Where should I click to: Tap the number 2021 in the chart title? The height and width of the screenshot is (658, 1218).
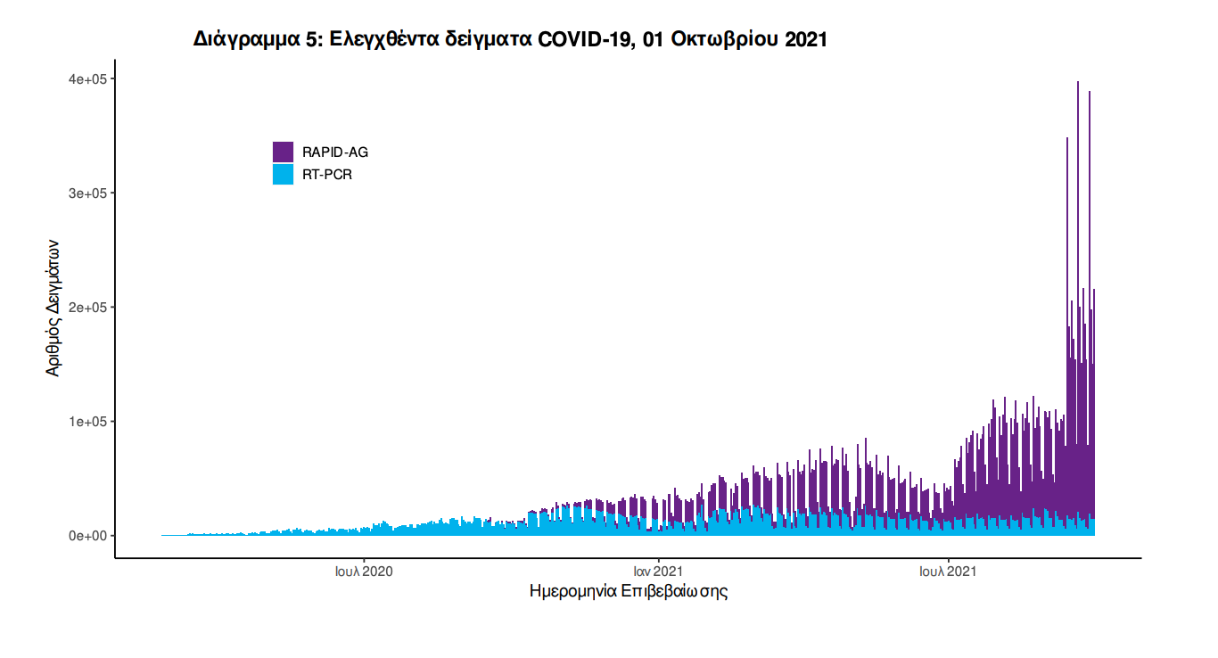point(806,39)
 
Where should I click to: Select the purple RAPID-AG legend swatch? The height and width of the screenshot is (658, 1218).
point(283,152)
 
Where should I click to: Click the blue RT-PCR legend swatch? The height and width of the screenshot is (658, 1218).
point(283,175)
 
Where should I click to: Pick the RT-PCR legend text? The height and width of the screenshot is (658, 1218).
point(327,175)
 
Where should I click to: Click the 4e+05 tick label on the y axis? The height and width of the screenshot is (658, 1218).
point(88,79)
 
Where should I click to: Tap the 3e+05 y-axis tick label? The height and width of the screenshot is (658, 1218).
point(88,193)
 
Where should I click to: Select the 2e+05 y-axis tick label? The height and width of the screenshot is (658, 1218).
point(88,308)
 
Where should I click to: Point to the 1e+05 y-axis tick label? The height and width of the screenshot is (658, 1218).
point(88,422)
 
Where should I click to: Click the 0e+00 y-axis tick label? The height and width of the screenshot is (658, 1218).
point(88,536)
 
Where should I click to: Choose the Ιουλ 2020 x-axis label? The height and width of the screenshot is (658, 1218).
point(364,571)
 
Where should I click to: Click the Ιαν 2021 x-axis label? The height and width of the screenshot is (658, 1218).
point(658,571)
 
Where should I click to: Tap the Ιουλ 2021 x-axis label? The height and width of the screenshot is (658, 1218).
point(948,571)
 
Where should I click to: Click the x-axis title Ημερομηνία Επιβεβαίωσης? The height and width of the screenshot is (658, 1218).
point(629,591)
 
